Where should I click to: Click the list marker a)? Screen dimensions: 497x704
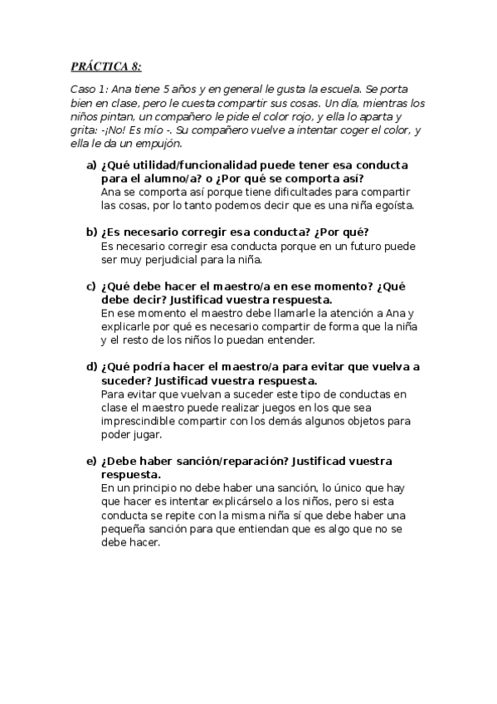[x=91, y=165]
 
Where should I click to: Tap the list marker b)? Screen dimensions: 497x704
[x=91, y=232]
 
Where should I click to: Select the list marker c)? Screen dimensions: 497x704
[x=91, y=286]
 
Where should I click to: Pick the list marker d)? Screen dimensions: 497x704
[x=91, y=366]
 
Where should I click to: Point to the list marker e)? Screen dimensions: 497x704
[x=91, y=461]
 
